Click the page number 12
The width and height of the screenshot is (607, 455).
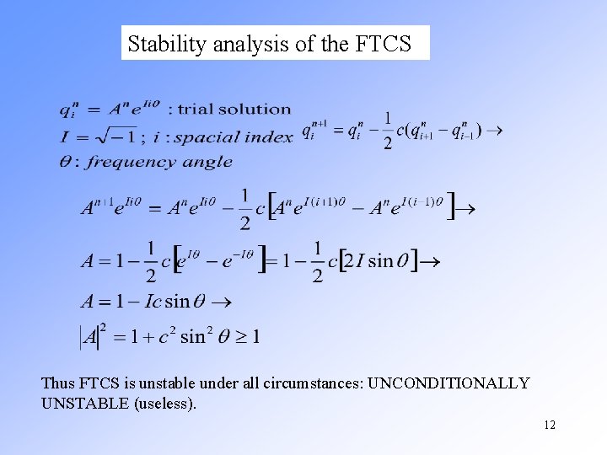549,425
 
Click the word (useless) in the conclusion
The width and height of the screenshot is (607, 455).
164,404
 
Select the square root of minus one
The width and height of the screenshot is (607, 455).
110,135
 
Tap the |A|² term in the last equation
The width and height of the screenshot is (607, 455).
90,336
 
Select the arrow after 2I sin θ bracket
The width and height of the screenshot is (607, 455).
429,262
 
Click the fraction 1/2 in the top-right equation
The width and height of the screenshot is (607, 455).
387,131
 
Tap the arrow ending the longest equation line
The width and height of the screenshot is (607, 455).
464,206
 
